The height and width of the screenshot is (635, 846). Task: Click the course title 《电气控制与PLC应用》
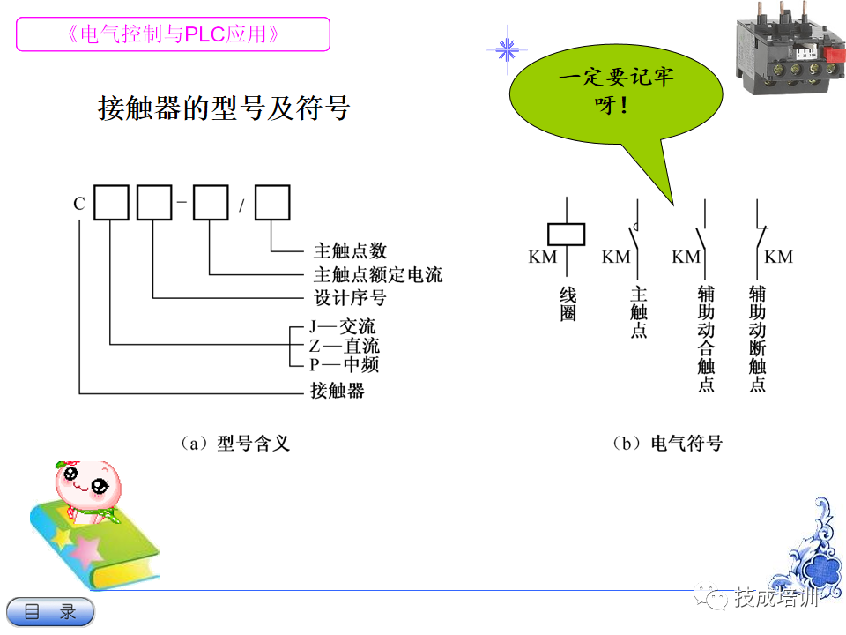173,34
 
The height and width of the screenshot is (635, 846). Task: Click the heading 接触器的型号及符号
223,108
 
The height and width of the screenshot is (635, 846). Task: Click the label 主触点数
350,251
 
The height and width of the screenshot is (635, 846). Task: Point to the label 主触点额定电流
378,275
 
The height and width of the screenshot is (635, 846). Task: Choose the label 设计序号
350,298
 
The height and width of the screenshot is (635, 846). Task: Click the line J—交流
342,328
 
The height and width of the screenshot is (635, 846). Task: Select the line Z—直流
344,346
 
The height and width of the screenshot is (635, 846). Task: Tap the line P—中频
344,364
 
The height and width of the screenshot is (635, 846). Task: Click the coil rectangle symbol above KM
565,233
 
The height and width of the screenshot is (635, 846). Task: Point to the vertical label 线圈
567,303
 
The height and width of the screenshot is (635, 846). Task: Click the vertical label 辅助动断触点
758,338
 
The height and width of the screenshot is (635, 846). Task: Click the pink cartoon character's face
86,482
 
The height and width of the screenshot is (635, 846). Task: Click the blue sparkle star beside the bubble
507,49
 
